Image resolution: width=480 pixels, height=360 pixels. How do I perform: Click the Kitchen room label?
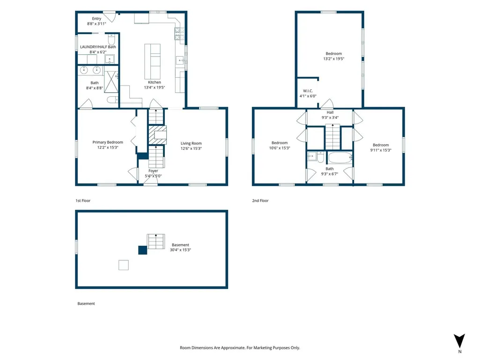(x=154, y=82)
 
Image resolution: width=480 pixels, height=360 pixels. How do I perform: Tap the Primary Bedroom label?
(x=108, y=142)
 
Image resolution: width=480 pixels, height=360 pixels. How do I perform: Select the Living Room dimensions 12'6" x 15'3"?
(x=191, y=148)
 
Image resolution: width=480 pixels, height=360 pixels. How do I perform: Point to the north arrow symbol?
(x=459, y=341)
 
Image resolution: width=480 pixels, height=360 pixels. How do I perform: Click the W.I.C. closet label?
(x=308, y=91)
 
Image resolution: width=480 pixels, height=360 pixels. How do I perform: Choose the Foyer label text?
(x=154, y=171)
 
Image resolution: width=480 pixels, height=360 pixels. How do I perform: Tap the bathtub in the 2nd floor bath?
(x=340, y=158)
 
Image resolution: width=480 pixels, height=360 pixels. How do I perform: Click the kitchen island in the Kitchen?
(x=153, y=61)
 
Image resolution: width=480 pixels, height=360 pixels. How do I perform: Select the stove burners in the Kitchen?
(x=179, y=34)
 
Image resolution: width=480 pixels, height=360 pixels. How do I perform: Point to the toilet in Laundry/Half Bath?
(x=111, y=39)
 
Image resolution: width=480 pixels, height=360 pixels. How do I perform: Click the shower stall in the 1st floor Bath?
(x=111, y=81)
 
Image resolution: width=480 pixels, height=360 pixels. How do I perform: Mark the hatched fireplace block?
(x=158, y=135)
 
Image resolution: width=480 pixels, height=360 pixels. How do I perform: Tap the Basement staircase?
(x=156, y=242)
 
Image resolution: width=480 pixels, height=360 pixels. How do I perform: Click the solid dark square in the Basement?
(x=143, y=250)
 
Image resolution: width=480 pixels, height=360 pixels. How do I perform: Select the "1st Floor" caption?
(x=83, y=200)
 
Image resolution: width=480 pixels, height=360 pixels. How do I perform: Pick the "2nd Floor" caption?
(x=260, y=200)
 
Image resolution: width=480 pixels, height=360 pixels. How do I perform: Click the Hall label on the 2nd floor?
(x=330, y=112)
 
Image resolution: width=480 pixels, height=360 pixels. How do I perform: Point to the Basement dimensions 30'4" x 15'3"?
(x=180, y=250)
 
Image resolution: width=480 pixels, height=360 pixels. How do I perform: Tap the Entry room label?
(x=96, y=19)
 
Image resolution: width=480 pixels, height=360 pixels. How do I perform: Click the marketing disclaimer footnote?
(x=240, y=348)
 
